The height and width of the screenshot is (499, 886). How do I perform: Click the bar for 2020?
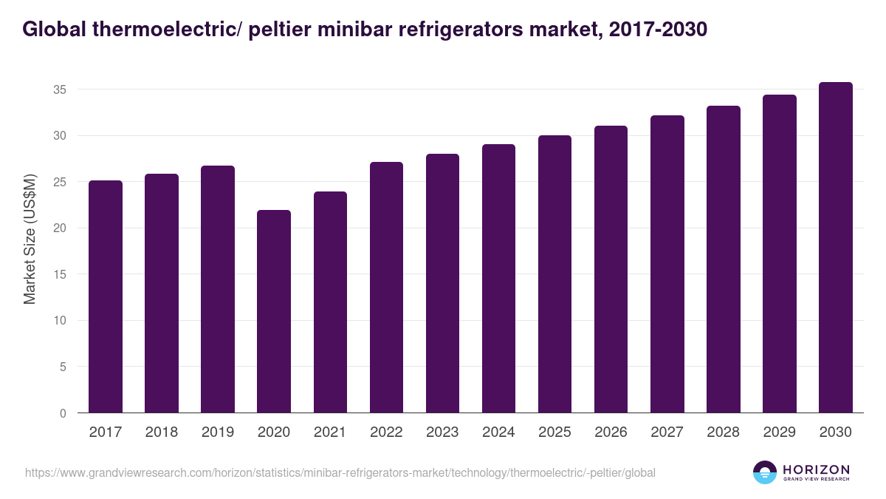(x=274, y=311)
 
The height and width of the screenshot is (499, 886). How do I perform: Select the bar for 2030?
(x=835, y=248)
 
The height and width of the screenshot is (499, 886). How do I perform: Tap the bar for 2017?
(x=106, y=296)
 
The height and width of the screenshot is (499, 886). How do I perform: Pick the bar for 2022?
(x=386, y=288)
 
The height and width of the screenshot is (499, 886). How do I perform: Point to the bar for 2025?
(x=554, y=274)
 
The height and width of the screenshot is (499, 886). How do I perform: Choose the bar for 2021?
(x=330, y=302)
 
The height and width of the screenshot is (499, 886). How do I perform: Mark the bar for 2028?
(x=723, y=259)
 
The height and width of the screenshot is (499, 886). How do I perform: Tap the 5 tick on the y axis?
(x=63, y=367)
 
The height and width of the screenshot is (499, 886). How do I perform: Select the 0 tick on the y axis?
(x=63, y=413)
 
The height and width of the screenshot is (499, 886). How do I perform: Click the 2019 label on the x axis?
(x=218, y=432)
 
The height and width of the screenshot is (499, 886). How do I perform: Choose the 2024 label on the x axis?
(x=498, y=432)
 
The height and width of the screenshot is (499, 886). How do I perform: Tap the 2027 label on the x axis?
(x=667, y=432)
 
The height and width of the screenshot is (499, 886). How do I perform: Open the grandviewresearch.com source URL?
(x=340, y=472)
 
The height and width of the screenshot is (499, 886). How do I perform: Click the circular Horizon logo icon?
(x=765, y=472)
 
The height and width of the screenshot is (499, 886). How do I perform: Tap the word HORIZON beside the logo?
(x=816, y=469)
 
